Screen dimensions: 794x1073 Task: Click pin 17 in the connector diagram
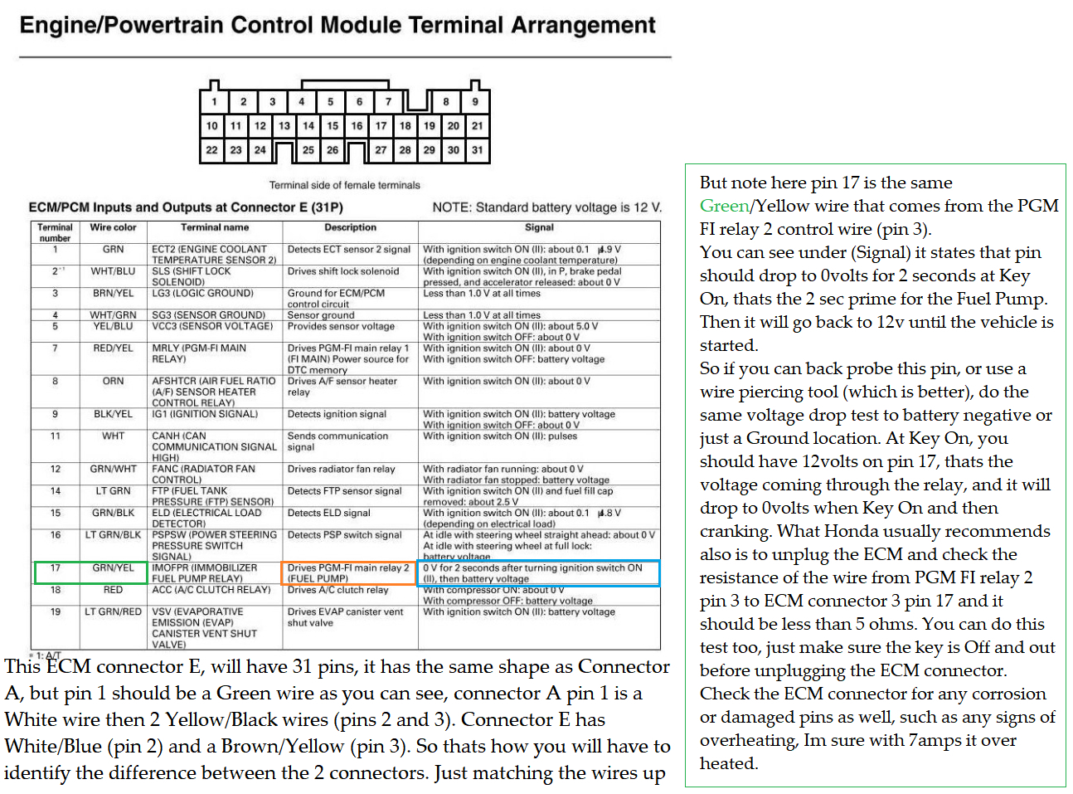pos(381,126)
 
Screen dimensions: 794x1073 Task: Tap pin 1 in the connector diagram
pos(214,102)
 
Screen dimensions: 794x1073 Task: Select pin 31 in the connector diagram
pos(477,150)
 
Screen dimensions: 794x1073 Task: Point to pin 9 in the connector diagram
pos(475,102)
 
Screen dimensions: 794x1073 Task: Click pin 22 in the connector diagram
pos(212,150)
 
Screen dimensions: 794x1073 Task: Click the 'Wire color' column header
pos(114,227)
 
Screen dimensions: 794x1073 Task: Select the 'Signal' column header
pos(539,227)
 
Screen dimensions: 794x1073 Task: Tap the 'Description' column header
pos(350,227)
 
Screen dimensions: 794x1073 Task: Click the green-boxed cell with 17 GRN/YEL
pos(91,572)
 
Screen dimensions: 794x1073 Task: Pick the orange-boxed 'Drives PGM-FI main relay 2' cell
pos(348,573)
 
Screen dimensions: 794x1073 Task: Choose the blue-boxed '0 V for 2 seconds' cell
pos(538,573)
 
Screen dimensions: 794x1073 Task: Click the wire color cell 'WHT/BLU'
pos(114,271)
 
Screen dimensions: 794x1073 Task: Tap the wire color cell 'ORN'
pos(114,382)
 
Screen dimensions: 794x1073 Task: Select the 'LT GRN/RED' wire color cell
pos(114,612)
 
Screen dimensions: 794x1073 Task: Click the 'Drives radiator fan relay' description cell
pos(342,470)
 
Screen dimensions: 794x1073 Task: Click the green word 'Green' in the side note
pos(724,206)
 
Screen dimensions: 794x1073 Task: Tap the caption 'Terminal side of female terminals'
pos(344,185)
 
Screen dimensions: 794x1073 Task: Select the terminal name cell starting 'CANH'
pos(214,446)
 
